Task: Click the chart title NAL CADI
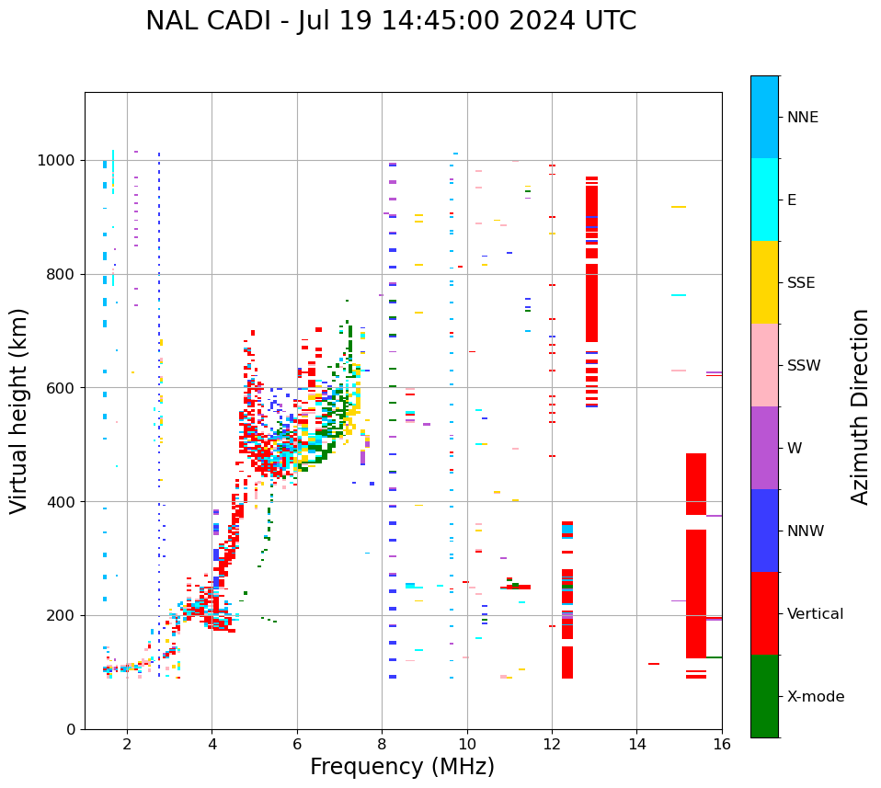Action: coord(391,21)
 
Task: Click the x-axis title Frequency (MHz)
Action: coord(402,767)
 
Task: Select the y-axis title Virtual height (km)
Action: coord(19,410)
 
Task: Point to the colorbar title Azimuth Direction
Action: coord(860,405)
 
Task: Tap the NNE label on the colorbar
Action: coord(802,118)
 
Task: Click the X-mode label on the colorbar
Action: coord(815,697)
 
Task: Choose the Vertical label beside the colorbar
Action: coord(815,614)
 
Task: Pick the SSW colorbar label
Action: coord(804,366)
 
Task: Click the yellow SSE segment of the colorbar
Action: coord(764,282)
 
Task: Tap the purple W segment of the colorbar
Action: coord(764,448)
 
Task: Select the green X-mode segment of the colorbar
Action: coord(764,696)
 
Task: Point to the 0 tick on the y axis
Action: coord(70,729)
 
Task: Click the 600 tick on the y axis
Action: coord(63,388)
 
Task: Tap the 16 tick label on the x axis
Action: coord(722,744)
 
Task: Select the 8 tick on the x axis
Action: coord(382,744)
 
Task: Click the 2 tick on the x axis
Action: coord(127,744)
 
